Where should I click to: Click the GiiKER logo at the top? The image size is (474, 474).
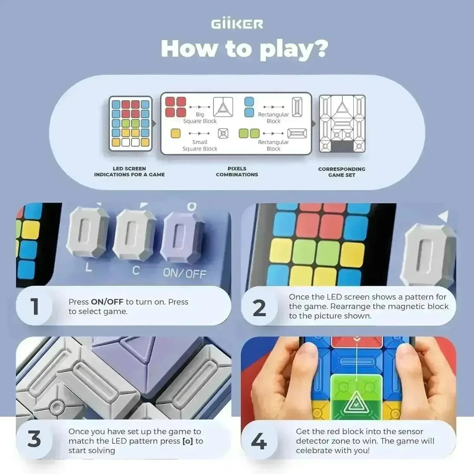click(x=237, y=24)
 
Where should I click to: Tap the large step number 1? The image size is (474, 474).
click(x=34, y=307)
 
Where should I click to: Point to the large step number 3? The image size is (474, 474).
click(x=34, y=439)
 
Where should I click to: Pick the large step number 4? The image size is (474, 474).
click(x=259, y=441)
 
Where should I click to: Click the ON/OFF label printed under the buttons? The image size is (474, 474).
click(x=185, y=273)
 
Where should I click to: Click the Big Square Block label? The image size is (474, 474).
click(x=200, y=118)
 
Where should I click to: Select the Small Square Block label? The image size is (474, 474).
click(x=200, y=145)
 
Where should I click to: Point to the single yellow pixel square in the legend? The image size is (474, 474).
click(x=175, y=133)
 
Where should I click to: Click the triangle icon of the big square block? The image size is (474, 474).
click(x=223, y=107)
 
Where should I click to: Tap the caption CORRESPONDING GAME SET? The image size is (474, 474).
click(x=342, y=172)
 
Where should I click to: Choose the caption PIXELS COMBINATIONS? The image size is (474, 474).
click(x=237, y=172)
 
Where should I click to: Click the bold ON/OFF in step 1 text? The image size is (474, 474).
click(x=107, y=302)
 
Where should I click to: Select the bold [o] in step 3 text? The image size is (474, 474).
click(x=188, y=441)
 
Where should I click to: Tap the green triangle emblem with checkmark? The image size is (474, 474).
click(x=356, y=403)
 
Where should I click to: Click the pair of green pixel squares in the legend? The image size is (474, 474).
click(x=249, y=133)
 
